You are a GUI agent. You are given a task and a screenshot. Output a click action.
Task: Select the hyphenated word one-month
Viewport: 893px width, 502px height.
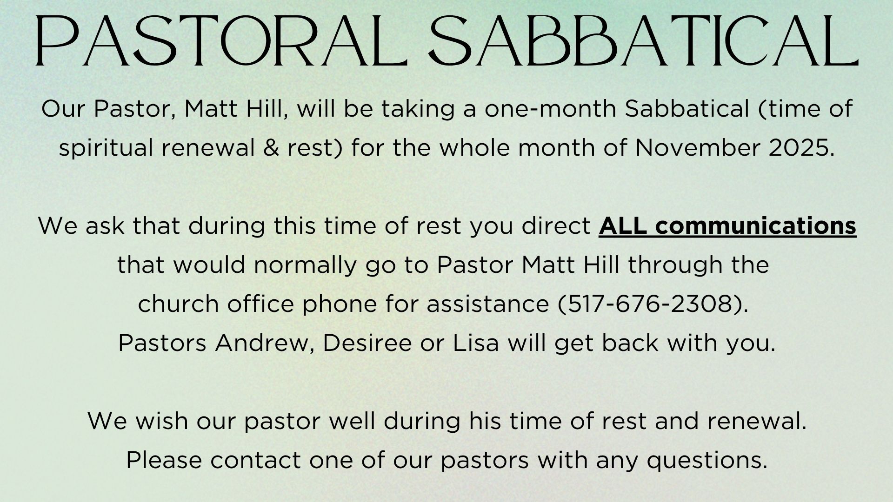coord(550,109)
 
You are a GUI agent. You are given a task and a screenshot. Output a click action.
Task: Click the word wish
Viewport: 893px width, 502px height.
coord(160,421)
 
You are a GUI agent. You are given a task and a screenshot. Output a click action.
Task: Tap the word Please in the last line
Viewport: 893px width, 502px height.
coord(164,460)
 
